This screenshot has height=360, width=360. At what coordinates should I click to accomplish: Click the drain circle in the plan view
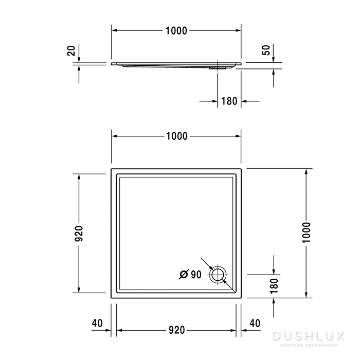point(218,275)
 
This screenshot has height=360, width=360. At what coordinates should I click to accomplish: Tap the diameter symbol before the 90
point(184,275)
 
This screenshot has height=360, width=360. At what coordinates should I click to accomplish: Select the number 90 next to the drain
point(196,275)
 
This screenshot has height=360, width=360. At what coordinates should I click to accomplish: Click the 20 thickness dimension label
point(71,51)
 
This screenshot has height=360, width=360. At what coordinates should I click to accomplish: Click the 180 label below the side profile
point(229,101)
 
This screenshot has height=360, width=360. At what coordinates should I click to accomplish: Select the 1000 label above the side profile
point(176,31)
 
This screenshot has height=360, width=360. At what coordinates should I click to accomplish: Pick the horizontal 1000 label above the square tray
point(176,136)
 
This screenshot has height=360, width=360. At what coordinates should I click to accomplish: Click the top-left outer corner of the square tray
point(112,168)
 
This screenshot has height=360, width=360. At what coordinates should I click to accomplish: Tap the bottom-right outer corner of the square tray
point(242,298)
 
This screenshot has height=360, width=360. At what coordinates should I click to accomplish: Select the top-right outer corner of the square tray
point(242,168)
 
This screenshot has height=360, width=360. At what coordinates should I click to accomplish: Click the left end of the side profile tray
point(113,64)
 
